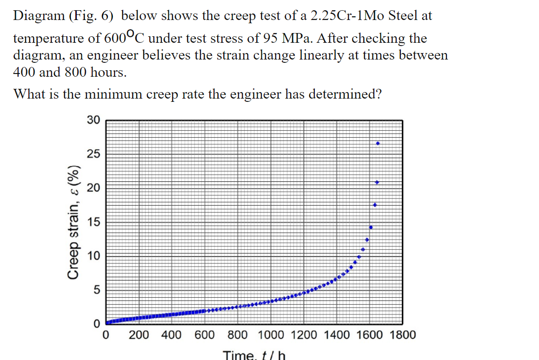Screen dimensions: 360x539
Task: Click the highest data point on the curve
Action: pos(378,143)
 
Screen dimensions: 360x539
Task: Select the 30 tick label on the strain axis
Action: pos(93,120)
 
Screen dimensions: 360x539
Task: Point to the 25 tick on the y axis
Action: pos(93,154)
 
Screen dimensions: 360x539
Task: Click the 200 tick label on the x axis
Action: pos(139,335)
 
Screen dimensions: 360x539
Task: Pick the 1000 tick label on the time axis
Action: pos(272,335)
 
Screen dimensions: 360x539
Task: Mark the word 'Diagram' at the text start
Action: pos(38,16)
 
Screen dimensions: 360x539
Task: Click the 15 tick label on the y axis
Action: pos(93,222)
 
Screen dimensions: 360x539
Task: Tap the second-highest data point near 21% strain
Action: pos(377,182)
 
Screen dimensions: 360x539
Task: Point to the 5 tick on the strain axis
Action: pos(96,290)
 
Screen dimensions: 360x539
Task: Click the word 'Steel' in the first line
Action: pos(404,16)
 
